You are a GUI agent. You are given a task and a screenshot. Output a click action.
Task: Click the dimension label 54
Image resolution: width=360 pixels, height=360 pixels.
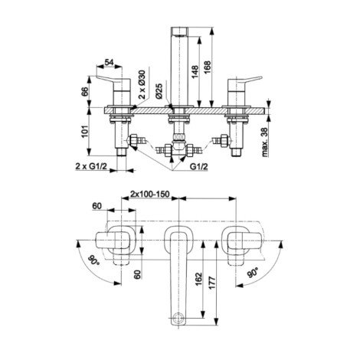tap(109, 62)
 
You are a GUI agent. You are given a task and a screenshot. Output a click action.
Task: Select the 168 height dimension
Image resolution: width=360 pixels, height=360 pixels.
tap(207, 67)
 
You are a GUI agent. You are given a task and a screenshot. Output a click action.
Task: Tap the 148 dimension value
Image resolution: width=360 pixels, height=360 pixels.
tap(195, 72)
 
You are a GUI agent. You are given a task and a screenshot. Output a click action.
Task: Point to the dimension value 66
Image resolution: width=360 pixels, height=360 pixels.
tap(85, 91)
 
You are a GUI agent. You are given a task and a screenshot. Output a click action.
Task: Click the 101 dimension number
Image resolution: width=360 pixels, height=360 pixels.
tap(85, 131)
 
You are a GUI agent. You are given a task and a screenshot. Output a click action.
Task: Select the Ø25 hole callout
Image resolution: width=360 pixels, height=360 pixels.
tap(159, 91)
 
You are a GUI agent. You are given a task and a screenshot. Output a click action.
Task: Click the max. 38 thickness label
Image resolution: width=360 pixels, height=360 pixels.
tap(265, 142)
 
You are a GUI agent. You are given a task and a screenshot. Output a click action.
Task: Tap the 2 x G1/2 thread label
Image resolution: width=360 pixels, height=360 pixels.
tap(90, 166)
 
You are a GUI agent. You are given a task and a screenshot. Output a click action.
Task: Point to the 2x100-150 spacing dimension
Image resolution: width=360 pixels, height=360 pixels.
tap(150, 195)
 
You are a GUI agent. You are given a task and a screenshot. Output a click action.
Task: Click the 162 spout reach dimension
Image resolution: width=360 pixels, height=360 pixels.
tap(198, 279)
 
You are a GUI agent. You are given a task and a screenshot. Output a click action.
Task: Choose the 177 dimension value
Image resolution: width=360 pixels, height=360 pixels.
tap(212, 283)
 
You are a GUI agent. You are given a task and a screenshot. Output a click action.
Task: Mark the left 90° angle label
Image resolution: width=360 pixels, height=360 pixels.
tap(93, 260)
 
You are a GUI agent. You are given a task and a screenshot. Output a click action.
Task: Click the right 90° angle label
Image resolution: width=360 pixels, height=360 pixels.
tap(254, 273)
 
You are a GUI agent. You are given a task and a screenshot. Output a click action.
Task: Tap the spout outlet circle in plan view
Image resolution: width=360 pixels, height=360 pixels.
tap(178, 318)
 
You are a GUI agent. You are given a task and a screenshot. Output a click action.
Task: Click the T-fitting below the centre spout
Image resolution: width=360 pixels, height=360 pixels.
tap(178, 146)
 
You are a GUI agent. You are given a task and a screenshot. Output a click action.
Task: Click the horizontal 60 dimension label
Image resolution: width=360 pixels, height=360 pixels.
tap(97, 206)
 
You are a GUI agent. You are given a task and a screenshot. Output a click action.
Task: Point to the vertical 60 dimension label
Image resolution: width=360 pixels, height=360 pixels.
tap(138, 274)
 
